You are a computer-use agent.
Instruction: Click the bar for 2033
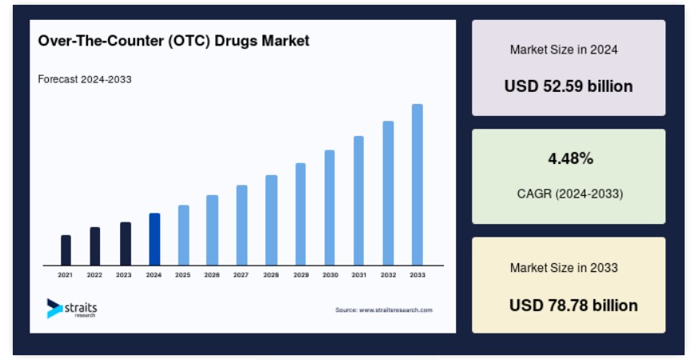pos(417,185)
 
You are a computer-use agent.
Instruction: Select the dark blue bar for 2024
pos(154,239)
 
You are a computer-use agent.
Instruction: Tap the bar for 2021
pos(66,250)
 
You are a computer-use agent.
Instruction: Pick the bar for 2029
pos(301,214)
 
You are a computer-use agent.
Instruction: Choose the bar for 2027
pos(242,226)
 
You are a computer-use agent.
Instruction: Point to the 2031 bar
pos(358,201)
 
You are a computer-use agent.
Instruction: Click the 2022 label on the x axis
pos(94,275)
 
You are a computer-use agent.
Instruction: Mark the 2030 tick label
pos(330,275)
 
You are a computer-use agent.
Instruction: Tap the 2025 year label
pos(183,275)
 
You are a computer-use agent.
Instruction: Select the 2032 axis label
pos(388,275)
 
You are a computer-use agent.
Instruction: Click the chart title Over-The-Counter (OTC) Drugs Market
pos(174,41)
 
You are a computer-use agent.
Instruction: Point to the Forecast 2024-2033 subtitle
pos(85,79)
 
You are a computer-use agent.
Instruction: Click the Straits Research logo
pos(72,308)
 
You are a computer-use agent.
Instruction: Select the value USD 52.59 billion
pos(569,86)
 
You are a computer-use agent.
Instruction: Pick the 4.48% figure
pos(570,158)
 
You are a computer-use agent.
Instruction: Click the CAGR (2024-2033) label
pos(570,194)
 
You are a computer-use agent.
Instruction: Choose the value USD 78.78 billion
pos(573,306)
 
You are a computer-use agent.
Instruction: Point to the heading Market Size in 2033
pos(564,268)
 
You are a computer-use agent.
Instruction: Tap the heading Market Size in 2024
pos(564,50)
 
